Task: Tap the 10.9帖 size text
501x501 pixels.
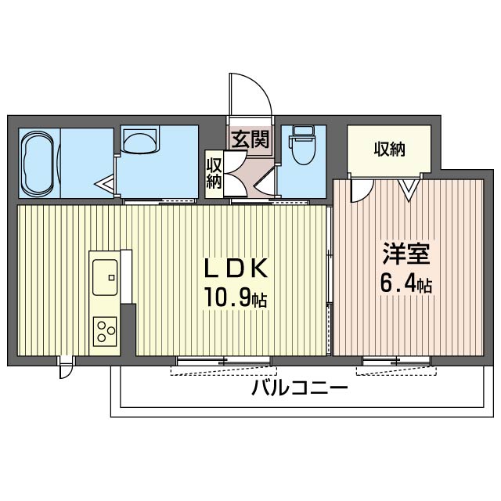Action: point(236,298)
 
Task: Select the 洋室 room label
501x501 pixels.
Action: point(405,255)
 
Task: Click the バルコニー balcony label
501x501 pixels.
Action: point(300,387)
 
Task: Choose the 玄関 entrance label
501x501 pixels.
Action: point(250,141)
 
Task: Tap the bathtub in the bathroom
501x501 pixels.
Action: point(37,162)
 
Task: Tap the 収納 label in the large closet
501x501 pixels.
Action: point(389,149)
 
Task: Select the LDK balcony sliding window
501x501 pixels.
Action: point(224,362)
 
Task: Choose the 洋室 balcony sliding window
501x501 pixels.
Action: point(396,362)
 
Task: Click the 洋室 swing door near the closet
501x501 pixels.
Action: point(361,190)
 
